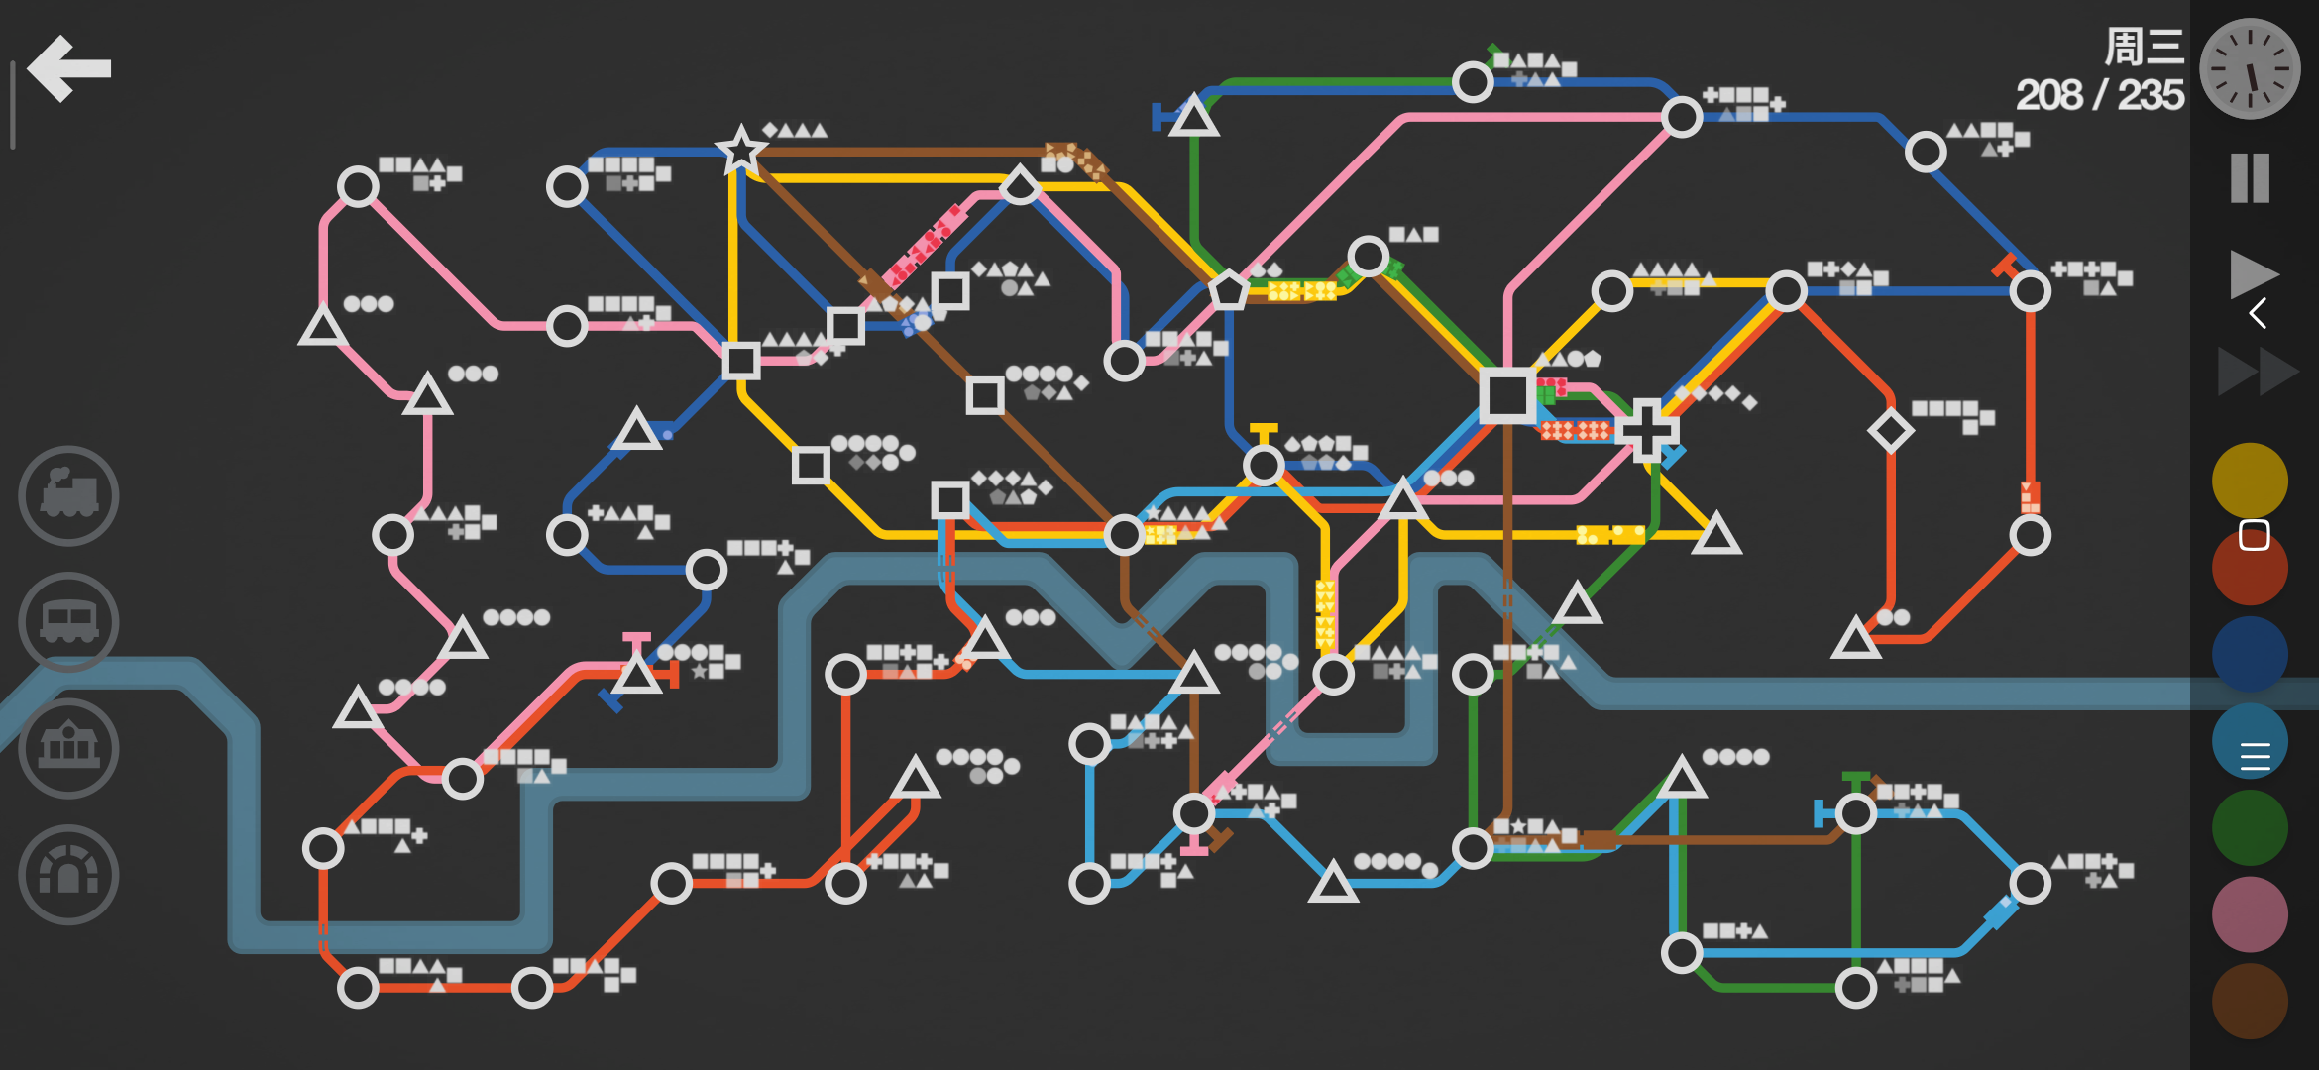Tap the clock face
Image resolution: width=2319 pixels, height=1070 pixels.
pos(2250,68)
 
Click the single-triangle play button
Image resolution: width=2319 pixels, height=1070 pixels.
pos(2253,274)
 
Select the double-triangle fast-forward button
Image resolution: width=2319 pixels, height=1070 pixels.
pos(2259,372)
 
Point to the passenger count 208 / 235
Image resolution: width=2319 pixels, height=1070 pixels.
pos(2099,95)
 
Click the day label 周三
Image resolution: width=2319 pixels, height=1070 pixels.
pos(2144,47)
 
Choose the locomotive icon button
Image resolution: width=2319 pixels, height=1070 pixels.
pos(68,495)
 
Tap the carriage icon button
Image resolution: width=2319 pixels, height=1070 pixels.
pos(68,622)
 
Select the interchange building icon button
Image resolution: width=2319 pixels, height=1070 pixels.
pos(68,748)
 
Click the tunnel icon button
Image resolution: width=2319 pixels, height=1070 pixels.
pos(68,875)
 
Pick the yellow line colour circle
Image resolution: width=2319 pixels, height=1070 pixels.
pos(2250,481)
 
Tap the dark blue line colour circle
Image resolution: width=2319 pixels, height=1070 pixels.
pos(2250,654)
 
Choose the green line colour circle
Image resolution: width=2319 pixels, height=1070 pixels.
pos(2250,827)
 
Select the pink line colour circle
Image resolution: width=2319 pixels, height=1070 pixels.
pos(2250,914)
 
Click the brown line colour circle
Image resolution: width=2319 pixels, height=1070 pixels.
pos(2250,1001)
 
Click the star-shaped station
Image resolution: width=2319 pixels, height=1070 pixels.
pos(740,151)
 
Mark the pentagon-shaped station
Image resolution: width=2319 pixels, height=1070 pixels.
pos(1228,290)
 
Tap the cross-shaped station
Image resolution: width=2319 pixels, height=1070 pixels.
pos(1647,430)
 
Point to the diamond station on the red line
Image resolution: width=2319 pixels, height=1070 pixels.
pos(1891,430)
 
